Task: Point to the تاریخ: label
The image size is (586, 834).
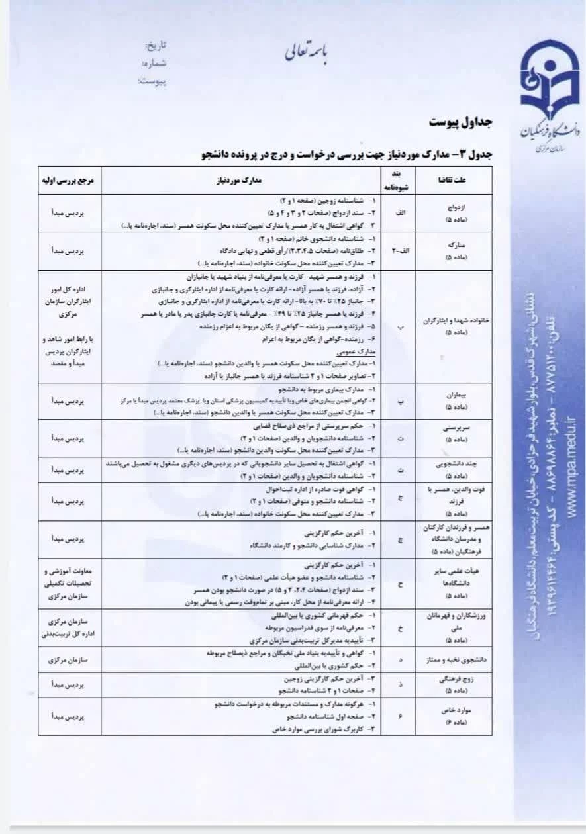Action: point(156,46)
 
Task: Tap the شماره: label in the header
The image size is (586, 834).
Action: point(154,64)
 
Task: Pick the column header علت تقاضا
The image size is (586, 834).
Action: point(454,180)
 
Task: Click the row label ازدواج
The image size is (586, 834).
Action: point(454,207)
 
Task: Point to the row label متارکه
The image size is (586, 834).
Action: point(454,244)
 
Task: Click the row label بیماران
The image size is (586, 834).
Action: point(454,395)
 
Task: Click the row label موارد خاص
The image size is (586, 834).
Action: point(454,710)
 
